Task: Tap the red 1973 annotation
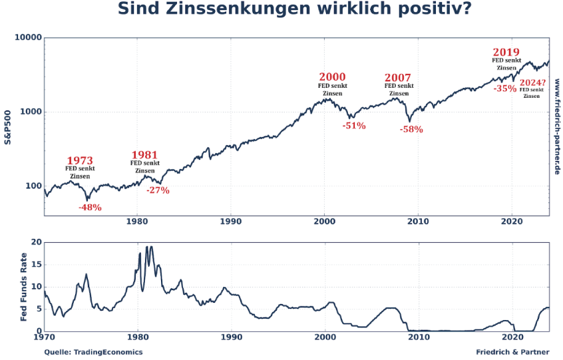[x=80, y=161]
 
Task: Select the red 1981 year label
[x=144, y=156]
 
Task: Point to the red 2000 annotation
[x=333, y=77]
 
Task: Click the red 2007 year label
[x=398, y=78]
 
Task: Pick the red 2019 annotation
[x=506, y=53]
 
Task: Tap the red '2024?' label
[x=532, y=82]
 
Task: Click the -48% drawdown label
[x=90, y=208]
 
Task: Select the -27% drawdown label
[x=158, y=190]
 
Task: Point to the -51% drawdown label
[x=354, y=126]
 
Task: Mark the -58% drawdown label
[x=411, y=130]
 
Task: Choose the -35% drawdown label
[x=505, y=88]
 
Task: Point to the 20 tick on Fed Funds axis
[x=37, y=242]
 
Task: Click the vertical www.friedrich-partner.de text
[x=556, y=126]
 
